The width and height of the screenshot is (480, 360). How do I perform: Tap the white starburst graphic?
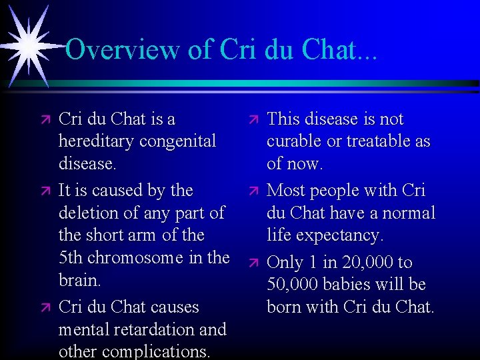coord(30,44)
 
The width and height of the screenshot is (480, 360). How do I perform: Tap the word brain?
coord(79,281)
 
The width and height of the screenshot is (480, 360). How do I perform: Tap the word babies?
coord(363,285)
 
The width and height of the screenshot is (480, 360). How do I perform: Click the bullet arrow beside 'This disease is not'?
coord(251,120)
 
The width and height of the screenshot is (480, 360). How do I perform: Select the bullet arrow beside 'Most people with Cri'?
coord(251,191)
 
